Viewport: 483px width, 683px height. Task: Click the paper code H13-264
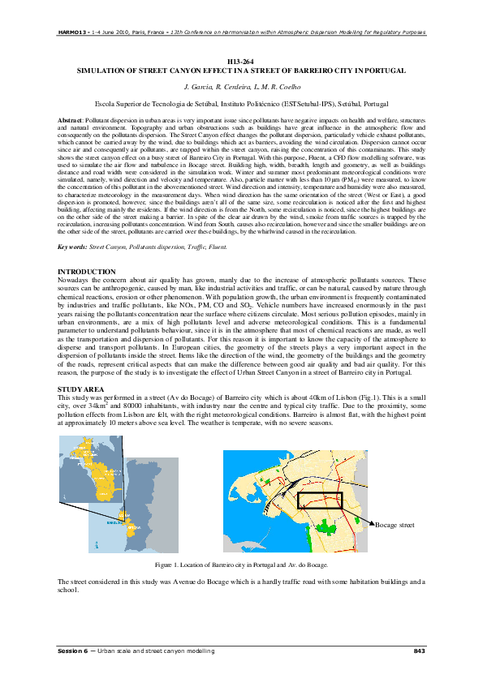(x=241, y=62)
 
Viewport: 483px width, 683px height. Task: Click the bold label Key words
(x=71, y=223)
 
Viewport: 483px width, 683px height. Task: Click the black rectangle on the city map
(x=320, y=501)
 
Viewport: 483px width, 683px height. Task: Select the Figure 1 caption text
(x=241, y=564)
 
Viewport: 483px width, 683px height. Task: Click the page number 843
(x=419, y=651)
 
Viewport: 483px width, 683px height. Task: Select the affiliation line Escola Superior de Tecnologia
(x=241, y=105)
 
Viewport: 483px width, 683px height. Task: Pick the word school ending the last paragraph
(x=67, y=590)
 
